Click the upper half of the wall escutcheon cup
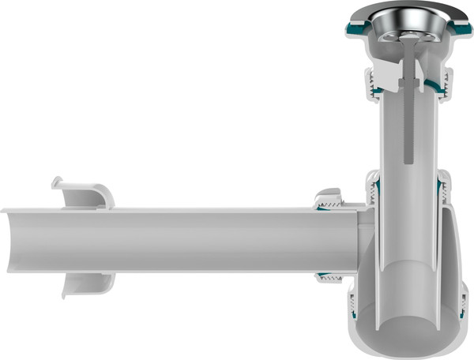(x=83, y=193)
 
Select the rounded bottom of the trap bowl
(x=411, y=347)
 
